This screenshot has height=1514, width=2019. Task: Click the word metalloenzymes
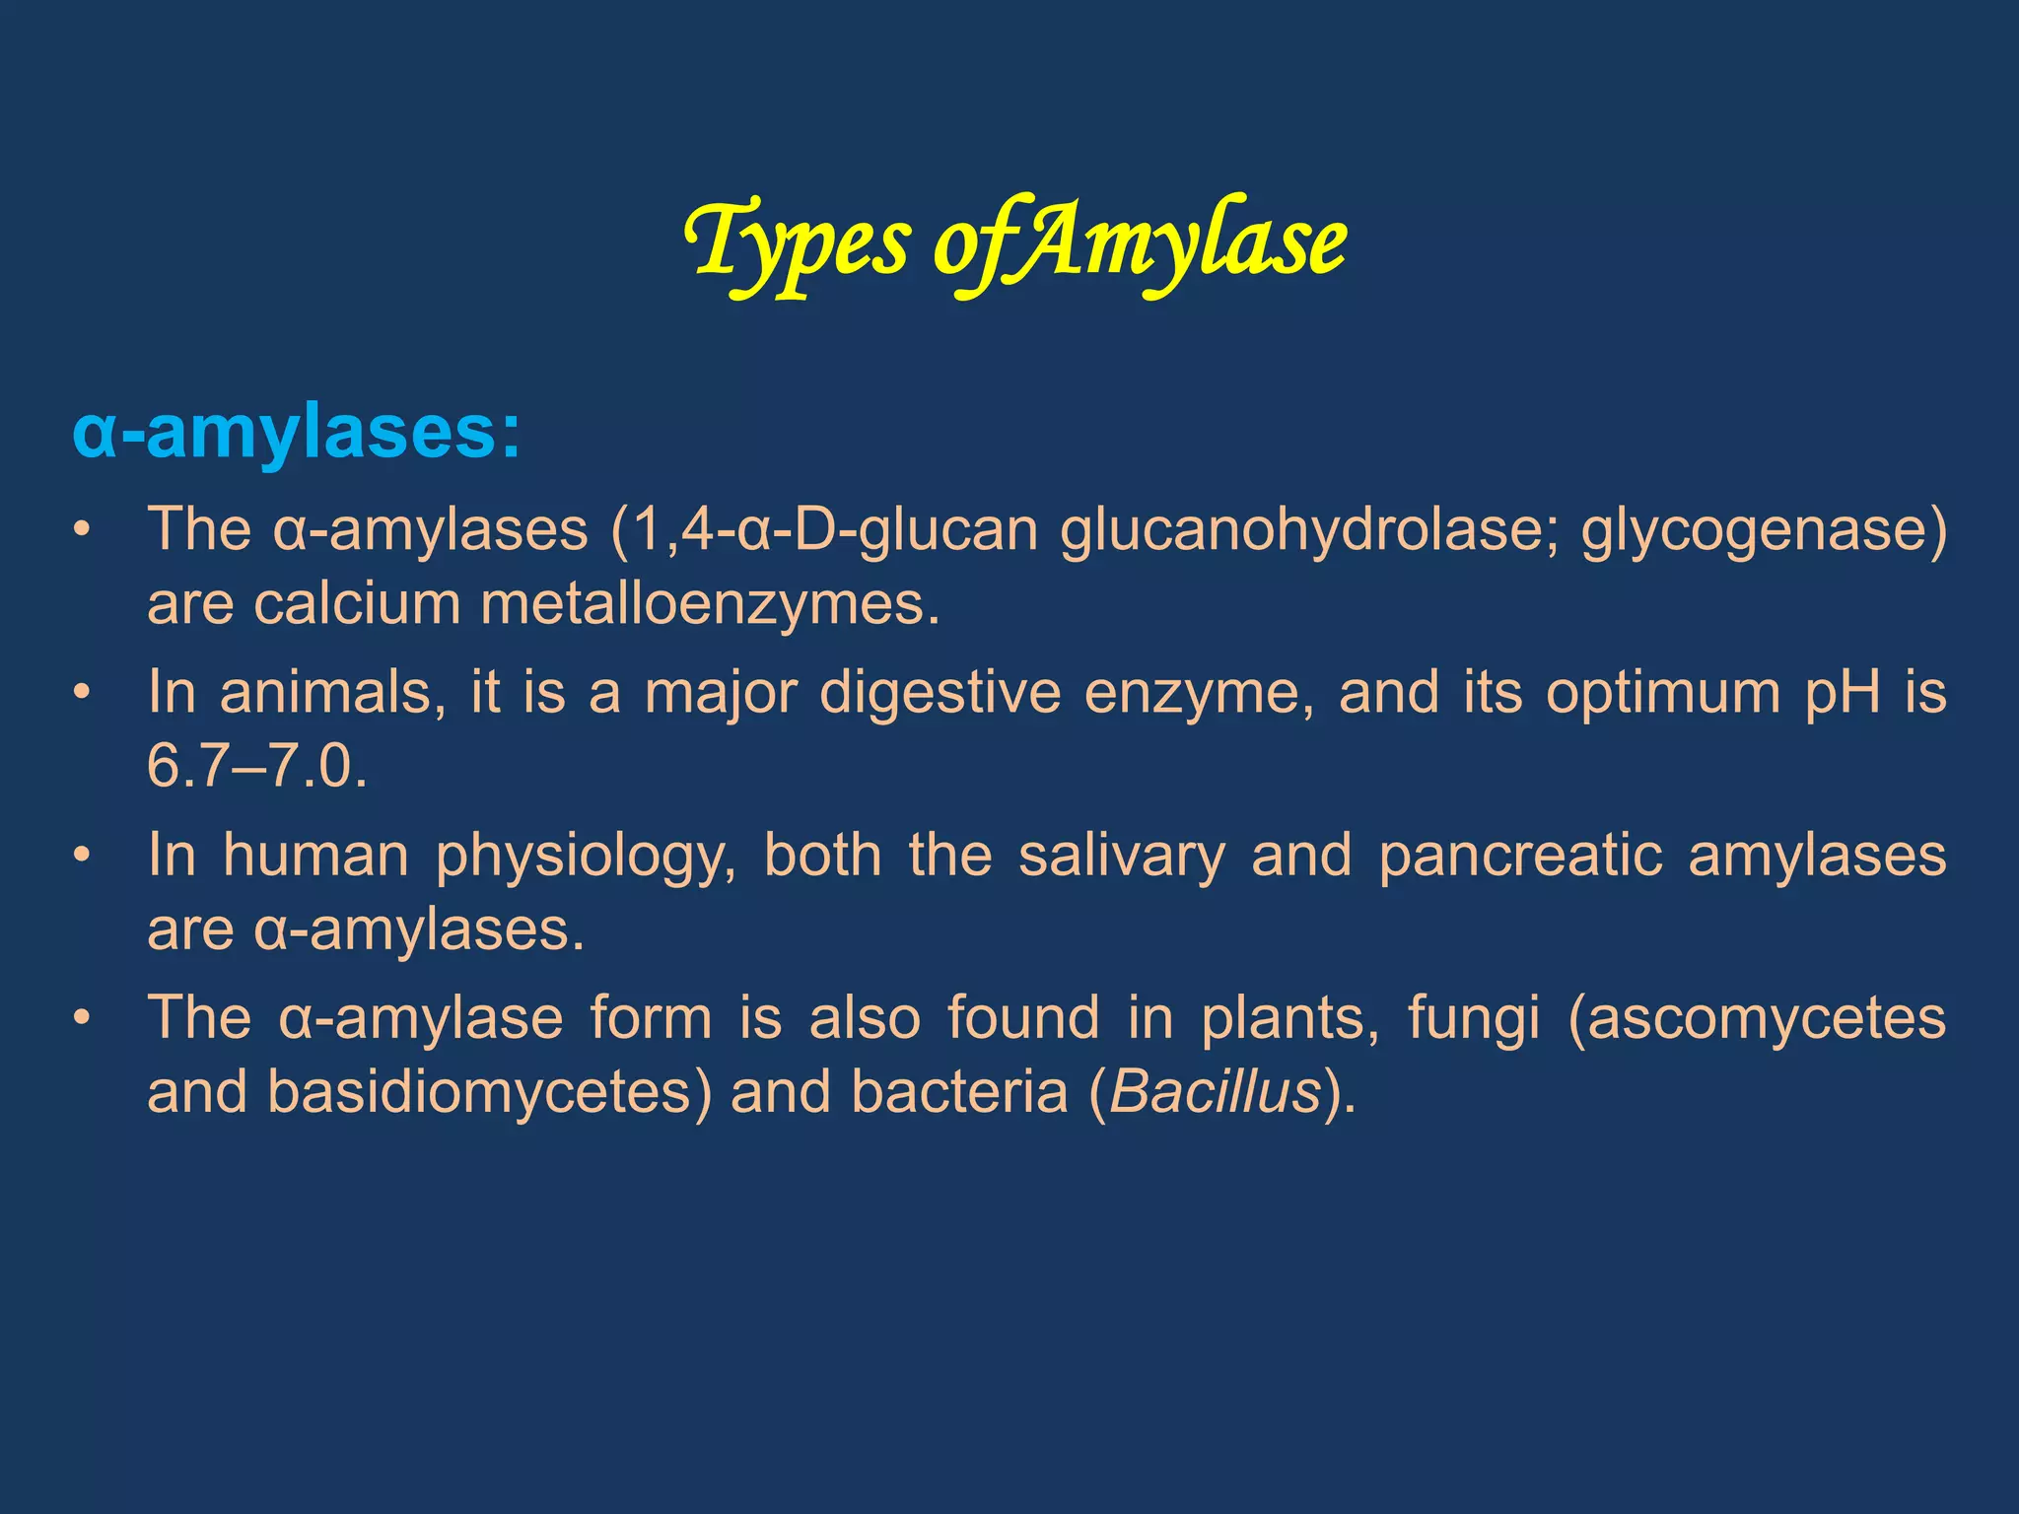[710, 603]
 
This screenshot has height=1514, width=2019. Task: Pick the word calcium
[357, 603]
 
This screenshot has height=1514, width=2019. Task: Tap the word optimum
[1662, 692]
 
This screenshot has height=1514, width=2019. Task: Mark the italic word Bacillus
[1215, 1092]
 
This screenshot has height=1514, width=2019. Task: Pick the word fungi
[1473, 1017]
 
